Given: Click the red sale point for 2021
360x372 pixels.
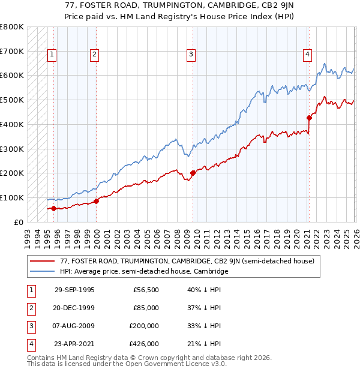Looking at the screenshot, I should (310, 118).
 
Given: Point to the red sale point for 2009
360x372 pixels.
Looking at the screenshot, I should (193, 173).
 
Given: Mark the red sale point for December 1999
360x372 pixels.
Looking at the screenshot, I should (96, 201).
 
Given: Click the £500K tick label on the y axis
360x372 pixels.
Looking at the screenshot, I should (12, 100).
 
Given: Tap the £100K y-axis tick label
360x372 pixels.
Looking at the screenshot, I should (12, 197).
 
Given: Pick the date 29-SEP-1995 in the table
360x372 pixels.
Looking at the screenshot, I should (74, 290).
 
